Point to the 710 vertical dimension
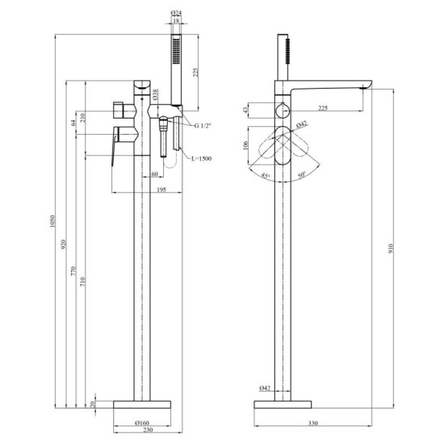pyautogui.click(x=86, y=278)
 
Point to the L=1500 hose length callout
pyautogui.click(x=199, y=160)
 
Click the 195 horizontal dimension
pyautogui.click(x=161, y=188)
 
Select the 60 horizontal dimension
pyautogui.click(x=154, y=174)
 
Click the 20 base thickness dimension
pyautogui.click(x=94, y=404)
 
